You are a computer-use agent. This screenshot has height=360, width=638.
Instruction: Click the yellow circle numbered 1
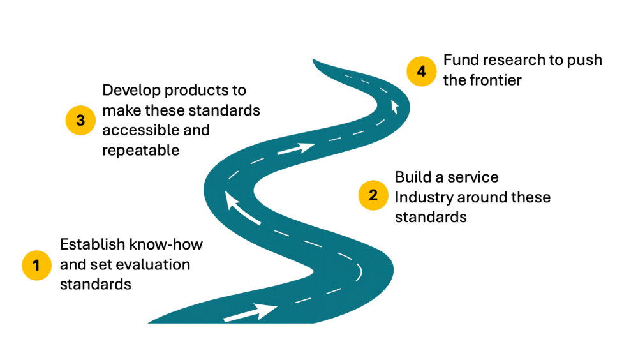click(36, 265)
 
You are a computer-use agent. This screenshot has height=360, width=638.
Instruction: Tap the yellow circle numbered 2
click(373, 195)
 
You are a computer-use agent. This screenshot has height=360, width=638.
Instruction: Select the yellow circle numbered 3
click(80, 121)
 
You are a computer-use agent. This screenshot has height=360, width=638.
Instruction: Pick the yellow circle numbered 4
click(422, 70)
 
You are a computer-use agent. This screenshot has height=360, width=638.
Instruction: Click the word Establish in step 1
click(92, 244)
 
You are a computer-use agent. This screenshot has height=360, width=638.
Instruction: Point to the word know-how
click(166, 244)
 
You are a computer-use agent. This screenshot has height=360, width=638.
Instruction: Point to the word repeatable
click(140, 151)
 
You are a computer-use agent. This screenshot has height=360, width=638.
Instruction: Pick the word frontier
click(496, 80)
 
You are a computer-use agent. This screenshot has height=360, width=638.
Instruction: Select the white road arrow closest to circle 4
click(395, 105)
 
